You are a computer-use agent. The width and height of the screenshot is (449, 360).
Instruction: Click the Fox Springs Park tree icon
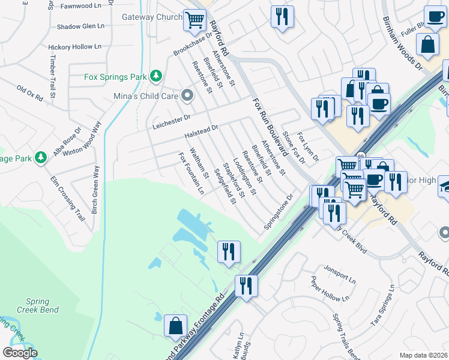point(156,76)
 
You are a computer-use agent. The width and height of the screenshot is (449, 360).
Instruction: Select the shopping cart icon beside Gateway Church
point(194,20)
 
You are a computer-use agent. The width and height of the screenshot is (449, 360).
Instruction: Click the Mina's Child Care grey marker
point(187,95)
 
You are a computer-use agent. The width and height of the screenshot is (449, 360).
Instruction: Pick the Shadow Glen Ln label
point(80,26)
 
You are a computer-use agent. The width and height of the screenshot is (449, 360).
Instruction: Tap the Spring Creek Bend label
point(42,305)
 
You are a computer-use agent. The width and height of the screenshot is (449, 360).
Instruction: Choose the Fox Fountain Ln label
point(191,173)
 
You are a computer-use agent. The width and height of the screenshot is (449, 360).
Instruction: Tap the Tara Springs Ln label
point(382,307)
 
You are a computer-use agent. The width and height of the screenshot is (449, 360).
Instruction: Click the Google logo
point(20,353)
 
